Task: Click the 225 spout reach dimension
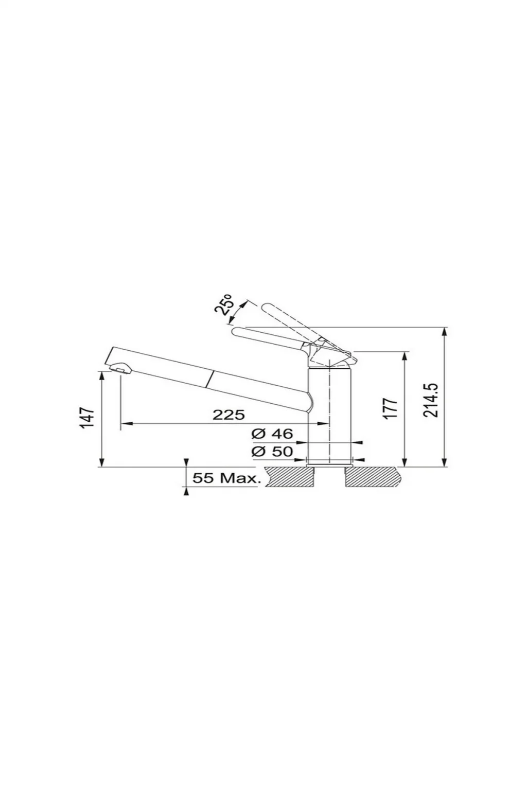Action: pyautogui.click(x=229, y=415)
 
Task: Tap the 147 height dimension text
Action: pyautogui.click(x=87, y=418)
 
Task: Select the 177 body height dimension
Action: pyautogui.click(x=391, y=409)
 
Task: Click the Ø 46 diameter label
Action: pyautogui.click(x=272, y=434)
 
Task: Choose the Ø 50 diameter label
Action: pyautogui.click(x=272, y=452)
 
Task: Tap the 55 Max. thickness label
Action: pyautogui.click(x=226, y=479)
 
